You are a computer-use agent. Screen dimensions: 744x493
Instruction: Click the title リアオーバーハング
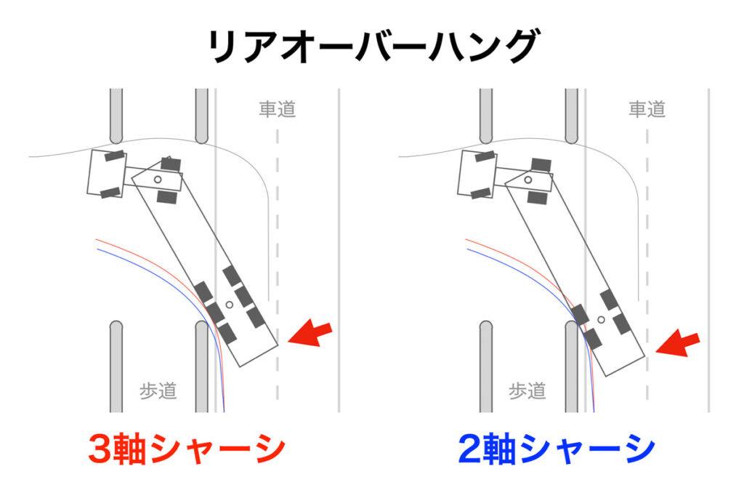pyautogui.click(x=373, y=46)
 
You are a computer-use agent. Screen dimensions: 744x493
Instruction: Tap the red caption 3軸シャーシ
pyautogui.click(x=187, y=449)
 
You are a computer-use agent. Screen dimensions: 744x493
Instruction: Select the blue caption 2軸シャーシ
pyautogui.click(x=557, y=449)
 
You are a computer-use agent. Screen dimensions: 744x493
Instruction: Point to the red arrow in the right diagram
pyautogui.click(x=678, y=343)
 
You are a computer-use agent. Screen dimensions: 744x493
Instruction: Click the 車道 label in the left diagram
pyautogui.click(x=277, y=109)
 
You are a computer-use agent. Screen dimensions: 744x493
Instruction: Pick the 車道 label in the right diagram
pyautogui.click(x=647, y=109)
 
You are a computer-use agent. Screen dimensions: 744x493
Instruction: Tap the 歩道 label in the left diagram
pyautogui.click(x=158, y=391)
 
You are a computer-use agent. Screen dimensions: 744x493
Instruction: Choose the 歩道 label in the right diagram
pyautogui.click(x=527, y=391)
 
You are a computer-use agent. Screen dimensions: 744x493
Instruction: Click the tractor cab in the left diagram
pyautogui.click(x=107, y=173)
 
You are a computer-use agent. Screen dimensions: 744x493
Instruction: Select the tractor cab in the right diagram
pyautogui.click(x=477, y=173)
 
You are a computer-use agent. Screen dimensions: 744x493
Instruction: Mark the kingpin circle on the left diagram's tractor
pyautogui.click(x=158, y=180)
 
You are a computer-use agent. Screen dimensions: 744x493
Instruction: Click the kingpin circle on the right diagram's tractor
pyautogui.click(x=527, y=180)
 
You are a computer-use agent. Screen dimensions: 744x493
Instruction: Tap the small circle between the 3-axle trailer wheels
pyautogui.click(x=230, y=305)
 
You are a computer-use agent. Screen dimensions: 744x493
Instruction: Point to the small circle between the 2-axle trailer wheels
pyautogui.click(x=601, y=320)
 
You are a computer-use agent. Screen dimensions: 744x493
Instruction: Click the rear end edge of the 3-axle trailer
pyautogui.click(x=259, y=356)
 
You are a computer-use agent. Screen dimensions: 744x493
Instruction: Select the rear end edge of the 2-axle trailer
pyautogui.click(x=626, y=366)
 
